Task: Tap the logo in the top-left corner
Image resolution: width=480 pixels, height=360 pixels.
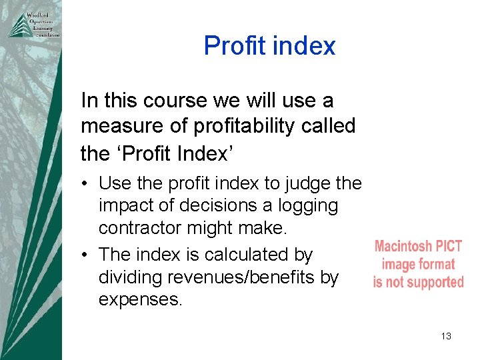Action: (x=33, y=25)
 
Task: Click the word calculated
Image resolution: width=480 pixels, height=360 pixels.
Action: (x=247, y=255)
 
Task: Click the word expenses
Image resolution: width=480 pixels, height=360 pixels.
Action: (x=140, y=300)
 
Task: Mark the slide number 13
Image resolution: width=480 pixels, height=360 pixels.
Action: (x=446, y=336)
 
